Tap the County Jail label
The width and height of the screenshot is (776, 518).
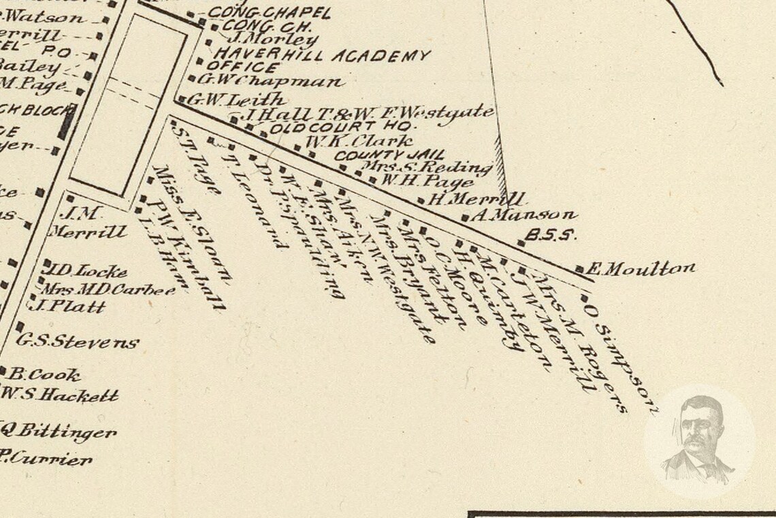point(389,155)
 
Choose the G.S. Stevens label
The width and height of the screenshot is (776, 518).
point(78,341)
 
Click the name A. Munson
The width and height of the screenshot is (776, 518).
point(523,216)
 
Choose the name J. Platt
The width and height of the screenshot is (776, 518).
point(71,307)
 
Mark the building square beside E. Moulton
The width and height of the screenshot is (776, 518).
point(579,270)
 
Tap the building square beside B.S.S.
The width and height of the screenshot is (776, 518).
point(521,243)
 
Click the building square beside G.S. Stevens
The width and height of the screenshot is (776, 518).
point(20,326)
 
